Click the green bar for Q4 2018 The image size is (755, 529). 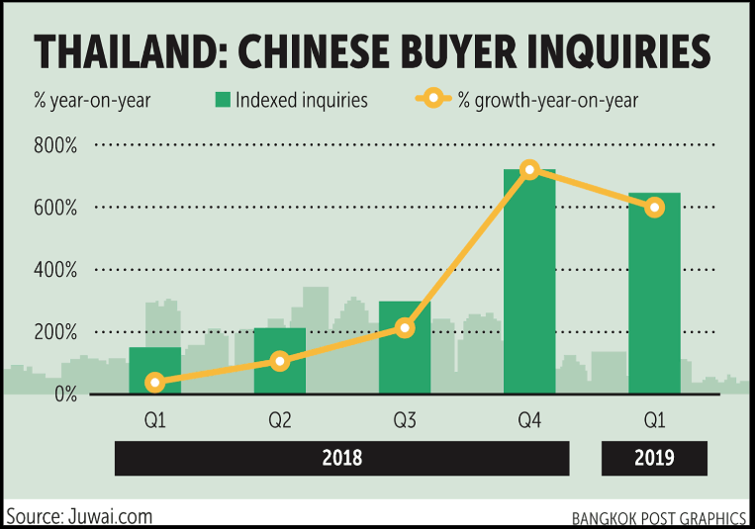pos(529,282)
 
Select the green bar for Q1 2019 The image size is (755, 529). pos(654,293)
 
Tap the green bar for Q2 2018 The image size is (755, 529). pos(280,361)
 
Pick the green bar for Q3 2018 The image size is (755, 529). pos(405,347)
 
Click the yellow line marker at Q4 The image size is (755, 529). pos(529,169)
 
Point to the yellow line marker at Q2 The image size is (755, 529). pos(280,361)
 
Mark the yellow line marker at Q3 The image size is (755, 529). pos(405,328)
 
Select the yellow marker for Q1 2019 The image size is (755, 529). pos(654,208)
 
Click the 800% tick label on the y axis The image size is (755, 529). pos(55,145)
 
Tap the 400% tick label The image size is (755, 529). pos(55,270)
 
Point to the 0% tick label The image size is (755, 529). pos(66,395)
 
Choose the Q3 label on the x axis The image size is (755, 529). pos(405,420)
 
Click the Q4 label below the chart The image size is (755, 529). pos(529,420)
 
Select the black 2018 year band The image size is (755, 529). pos(341,458)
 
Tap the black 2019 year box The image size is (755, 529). pos(654,458)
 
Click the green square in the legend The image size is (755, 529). pos(223,100)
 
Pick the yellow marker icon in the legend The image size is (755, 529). pos(433,99)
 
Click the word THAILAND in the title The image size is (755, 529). pos(124,51)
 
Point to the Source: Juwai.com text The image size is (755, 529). pos(79,516)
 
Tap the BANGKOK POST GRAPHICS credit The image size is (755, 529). pos(659,519)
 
